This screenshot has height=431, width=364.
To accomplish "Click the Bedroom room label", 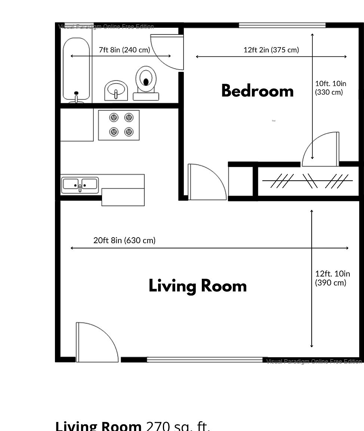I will coord(257,91).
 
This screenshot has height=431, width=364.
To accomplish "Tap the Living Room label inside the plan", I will coord(198,286).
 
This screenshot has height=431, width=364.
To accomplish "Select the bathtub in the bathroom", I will coord(76,70).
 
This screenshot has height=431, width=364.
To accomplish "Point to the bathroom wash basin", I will coord(116,91).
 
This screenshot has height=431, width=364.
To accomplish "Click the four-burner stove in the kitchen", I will coord(119,125).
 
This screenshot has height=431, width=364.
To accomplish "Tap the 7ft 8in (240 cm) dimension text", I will coord(124,50).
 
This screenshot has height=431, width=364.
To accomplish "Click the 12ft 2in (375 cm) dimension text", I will coord(271,50).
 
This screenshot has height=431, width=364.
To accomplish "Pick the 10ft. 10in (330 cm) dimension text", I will coord(330,88).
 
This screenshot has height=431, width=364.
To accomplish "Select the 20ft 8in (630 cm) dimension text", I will coord(124,240).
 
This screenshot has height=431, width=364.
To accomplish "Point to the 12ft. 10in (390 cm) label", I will coord(332,278).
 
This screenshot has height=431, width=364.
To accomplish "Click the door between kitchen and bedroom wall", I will coord(207,182).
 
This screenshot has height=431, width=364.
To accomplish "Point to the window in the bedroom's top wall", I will coord(282,25).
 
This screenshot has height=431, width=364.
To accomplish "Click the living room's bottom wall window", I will coord(205,360).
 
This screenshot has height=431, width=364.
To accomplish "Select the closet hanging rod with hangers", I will coord(307,181).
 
